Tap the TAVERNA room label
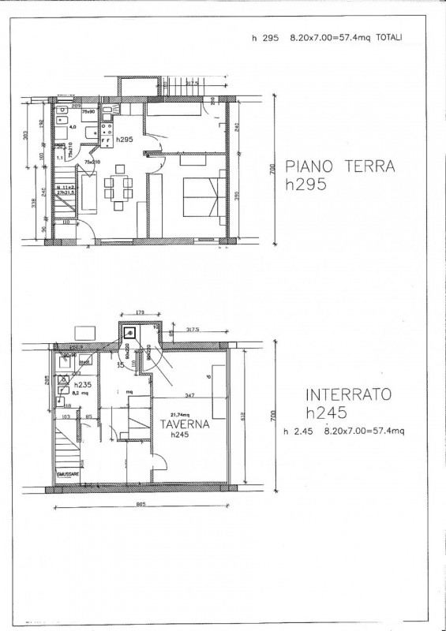pos(182,424)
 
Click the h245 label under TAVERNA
pos(182,434)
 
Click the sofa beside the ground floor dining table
pos(90,193)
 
